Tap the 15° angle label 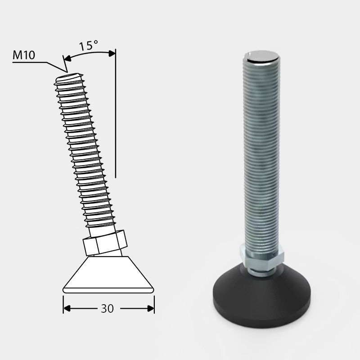click(89, 46)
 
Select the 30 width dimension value click(107, 309)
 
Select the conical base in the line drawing click(108, 275)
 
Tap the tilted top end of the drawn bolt click(69, 78)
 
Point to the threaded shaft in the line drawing click(85, 153)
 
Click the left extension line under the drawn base click(63, 301)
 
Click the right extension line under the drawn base click(154, 301)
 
